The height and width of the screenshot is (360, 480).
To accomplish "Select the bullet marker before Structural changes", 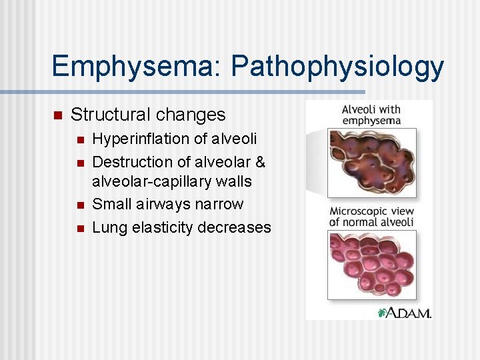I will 57,115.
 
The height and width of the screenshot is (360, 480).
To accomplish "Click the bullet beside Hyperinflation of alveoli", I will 79,140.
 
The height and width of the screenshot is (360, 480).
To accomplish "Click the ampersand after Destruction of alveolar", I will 260,162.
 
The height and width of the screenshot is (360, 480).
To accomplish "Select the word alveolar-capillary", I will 151,181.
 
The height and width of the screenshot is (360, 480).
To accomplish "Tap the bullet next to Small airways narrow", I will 79,205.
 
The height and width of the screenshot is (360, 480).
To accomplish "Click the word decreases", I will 237,227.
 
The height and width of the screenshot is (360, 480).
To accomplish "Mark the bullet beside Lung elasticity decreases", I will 79,228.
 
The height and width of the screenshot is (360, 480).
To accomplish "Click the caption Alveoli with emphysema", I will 371,114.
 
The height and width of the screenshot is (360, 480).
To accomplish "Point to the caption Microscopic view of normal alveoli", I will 371,216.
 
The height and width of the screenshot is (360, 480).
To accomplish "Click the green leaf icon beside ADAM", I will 383,312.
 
